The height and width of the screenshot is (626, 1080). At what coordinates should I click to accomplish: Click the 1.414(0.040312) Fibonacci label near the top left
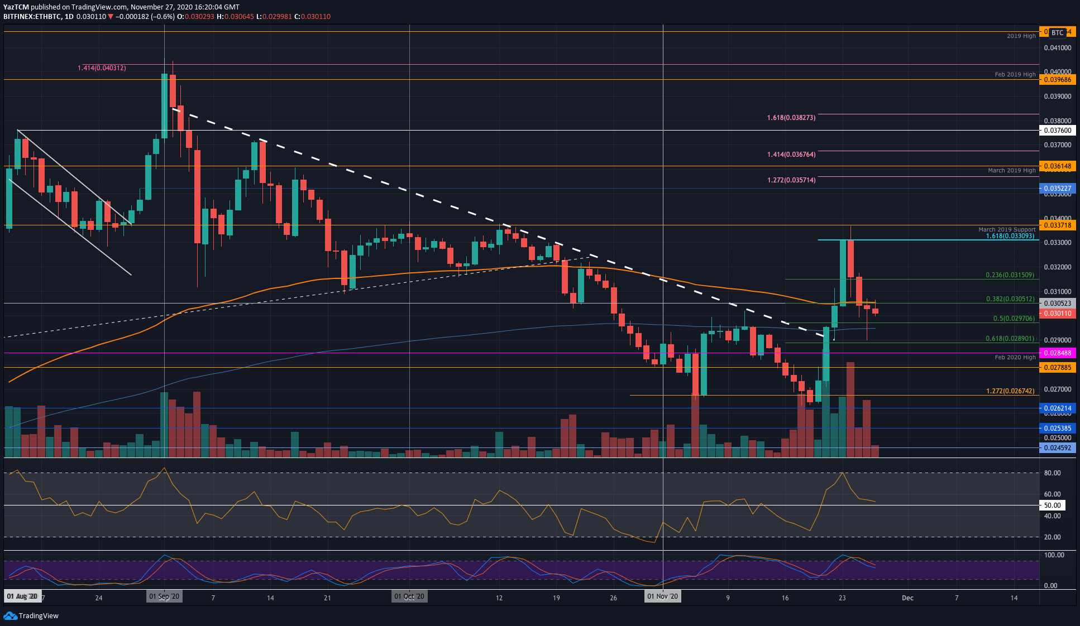pyautogui.click(x=102, y=68)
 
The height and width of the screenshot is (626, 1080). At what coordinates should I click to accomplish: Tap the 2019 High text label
pyautogui.click(x=1021, y=36)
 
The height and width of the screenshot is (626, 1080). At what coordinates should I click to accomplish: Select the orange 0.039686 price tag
pyautogui.click(x=1057, y=80)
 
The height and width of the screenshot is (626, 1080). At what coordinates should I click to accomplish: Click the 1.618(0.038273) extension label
pyautogui.click(x=791, y=118)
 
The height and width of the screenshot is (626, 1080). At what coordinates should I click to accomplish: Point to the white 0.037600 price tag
pyautogui.click(x=1057, y=131)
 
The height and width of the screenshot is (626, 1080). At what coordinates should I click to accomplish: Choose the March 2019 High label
pyautogui.click(x=1011, y=170)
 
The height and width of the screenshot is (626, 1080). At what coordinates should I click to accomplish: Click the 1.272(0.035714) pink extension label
pyautogui.click(x=791, y=180)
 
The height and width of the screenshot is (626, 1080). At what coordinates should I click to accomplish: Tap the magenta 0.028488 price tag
pyautogui.click(x=1057, y=353)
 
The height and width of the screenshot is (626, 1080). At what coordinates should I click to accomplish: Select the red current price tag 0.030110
pyautogui.click(x=1057, y=314)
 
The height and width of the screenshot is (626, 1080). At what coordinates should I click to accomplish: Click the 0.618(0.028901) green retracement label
pyautogui.click(x=1010, y=339)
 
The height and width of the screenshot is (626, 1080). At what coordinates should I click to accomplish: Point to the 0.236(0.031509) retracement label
pyautogui.click(x=1010, y=275)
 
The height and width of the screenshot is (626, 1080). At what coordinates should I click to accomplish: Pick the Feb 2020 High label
pyautogui.click(x=1015, y=357)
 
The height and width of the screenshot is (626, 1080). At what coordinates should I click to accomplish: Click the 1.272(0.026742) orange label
pyautogui.click(x=1010, y=391)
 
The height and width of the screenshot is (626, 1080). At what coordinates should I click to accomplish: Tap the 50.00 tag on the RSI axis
pyautogui.click(x=1052, y=505)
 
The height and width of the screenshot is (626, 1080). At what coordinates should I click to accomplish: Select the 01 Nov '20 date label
pyautogui.click(x=662, y=596)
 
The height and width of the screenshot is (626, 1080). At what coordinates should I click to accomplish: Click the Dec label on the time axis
pyautogui.click(x=907, y=598)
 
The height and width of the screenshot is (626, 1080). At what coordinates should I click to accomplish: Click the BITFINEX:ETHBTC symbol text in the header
pyautogui.click(x=32, y=17)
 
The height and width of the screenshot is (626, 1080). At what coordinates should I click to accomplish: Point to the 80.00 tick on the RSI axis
pyautogui.click(x=1052, y=473)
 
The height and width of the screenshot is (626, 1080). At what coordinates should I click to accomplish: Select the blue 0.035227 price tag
pyautogui.click(x=1057, y=189)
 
